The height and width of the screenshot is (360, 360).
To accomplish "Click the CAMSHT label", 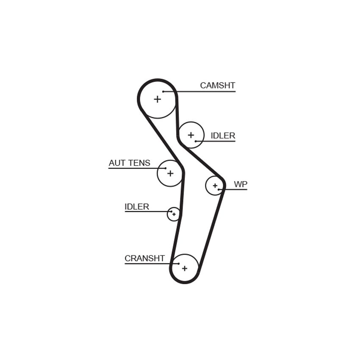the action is coord(217,86).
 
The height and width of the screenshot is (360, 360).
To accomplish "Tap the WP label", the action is coord(241,184).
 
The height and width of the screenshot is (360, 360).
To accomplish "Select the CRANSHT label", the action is coord(145,258).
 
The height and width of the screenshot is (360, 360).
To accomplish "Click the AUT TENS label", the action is coord(130,163).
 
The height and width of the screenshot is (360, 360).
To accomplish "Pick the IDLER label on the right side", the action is coord(223,136).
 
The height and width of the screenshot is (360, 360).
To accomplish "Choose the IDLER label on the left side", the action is coord(137,207).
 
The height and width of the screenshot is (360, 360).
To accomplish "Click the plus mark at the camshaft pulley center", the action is coord(157,99).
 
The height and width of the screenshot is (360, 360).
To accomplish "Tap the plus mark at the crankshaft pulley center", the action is coord(185,268).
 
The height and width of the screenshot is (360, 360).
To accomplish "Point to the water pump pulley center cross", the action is coord(215,186).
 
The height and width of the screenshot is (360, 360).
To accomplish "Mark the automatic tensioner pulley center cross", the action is coord(170,173).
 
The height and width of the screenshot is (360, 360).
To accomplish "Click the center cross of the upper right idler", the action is coord(191,135).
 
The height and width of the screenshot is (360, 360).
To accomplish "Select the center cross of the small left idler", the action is coord(174,214).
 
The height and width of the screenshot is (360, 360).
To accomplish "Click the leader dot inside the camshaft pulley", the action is coord(163,91).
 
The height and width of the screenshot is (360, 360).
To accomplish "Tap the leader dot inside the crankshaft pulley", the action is coord(179,263).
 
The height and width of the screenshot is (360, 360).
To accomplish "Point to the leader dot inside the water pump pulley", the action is coord(219,189).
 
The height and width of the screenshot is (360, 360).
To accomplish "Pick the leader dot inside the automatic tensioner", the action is coord(166,168).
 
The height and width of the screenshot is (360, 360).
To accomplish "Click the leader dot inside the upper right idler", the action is coord(195,141).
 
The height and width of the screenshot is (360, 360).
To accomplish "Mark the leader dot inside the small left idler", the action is coord(171,211).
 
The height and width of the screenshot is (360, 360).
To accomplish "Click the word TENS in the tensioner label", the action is coord(140,163).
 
